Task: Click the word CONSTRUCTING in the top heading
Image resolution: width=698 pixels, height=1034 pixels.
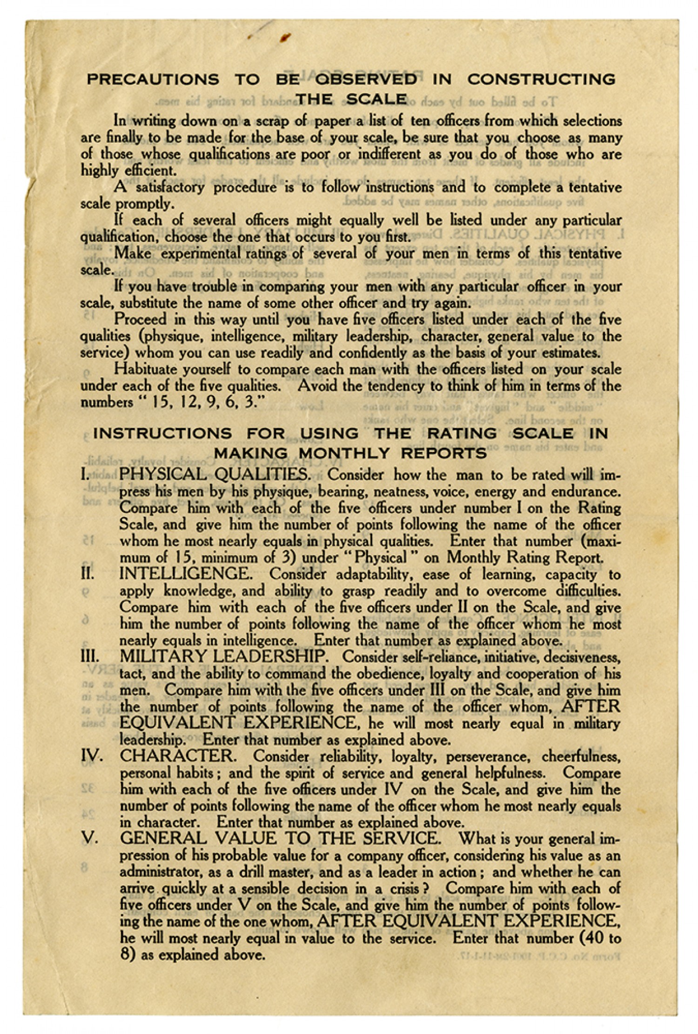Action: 541,79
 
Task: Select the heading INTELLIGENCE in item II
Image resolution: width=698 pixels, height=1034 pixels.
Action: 186,574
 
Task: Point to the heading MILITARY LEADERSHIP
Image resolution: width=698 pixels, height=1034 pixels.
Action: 222,657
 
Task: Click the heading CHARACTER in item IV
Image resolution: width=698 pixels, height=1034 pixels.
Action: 175,756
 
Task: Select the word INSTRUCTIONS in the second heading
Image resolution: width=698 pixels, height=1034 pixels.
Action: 162,433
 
